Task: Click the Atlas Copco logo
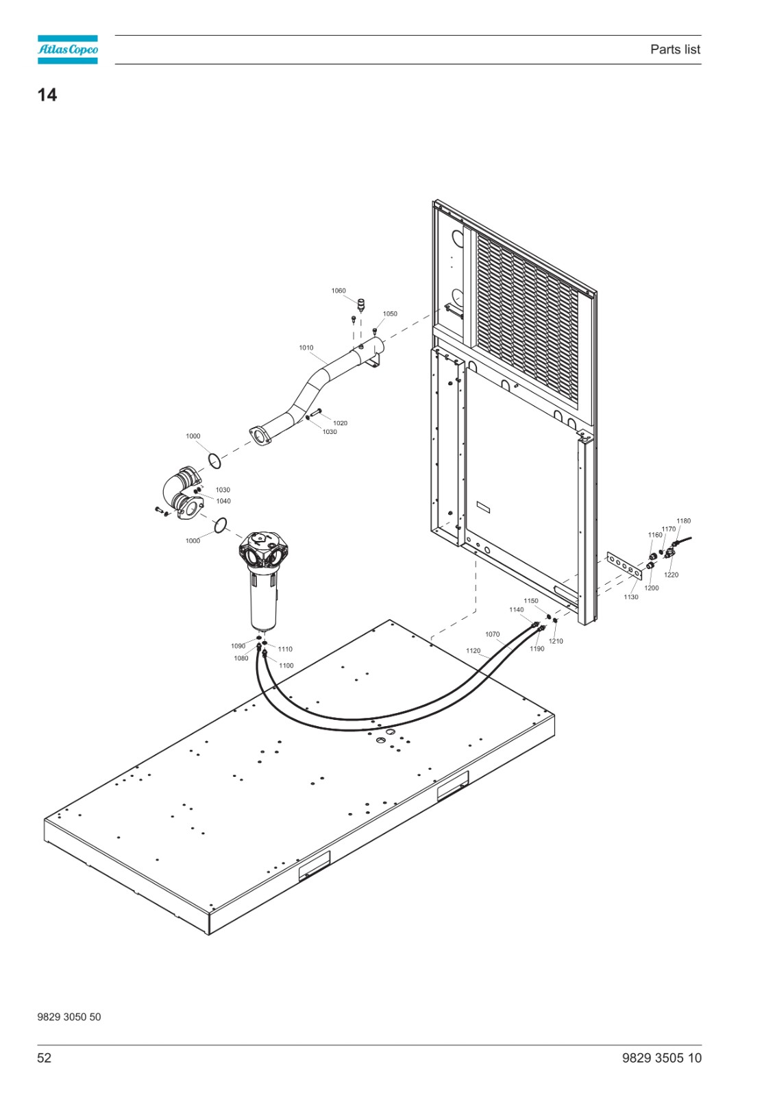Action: (68, 49)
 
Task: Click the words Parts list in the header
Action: (675, 49)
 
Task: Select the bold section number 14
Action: (47, 95)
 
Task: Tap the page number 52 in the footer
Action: (44, 1058)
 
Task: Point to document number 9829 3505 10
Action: (661, 1058)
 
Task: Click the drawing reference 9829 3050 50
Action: (69, 1017)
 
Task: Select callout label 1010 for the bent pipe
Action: (306, 348)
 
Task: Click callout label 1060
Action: (339, 291)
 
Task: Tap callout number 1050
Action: (390, 313)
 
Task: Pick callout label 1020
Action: (341, 423)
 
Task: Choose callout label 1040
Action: (223, 501)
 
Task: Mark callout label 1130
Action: (631, 597)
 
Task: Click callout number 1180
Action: (683, 520)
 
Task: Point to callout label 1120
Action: (473, 651)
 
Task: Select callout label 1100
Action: (286, 666)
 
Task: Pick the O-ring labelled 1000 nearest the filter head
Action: (221, 525)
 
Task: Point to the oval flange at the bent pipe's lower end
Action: (260, 436)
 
